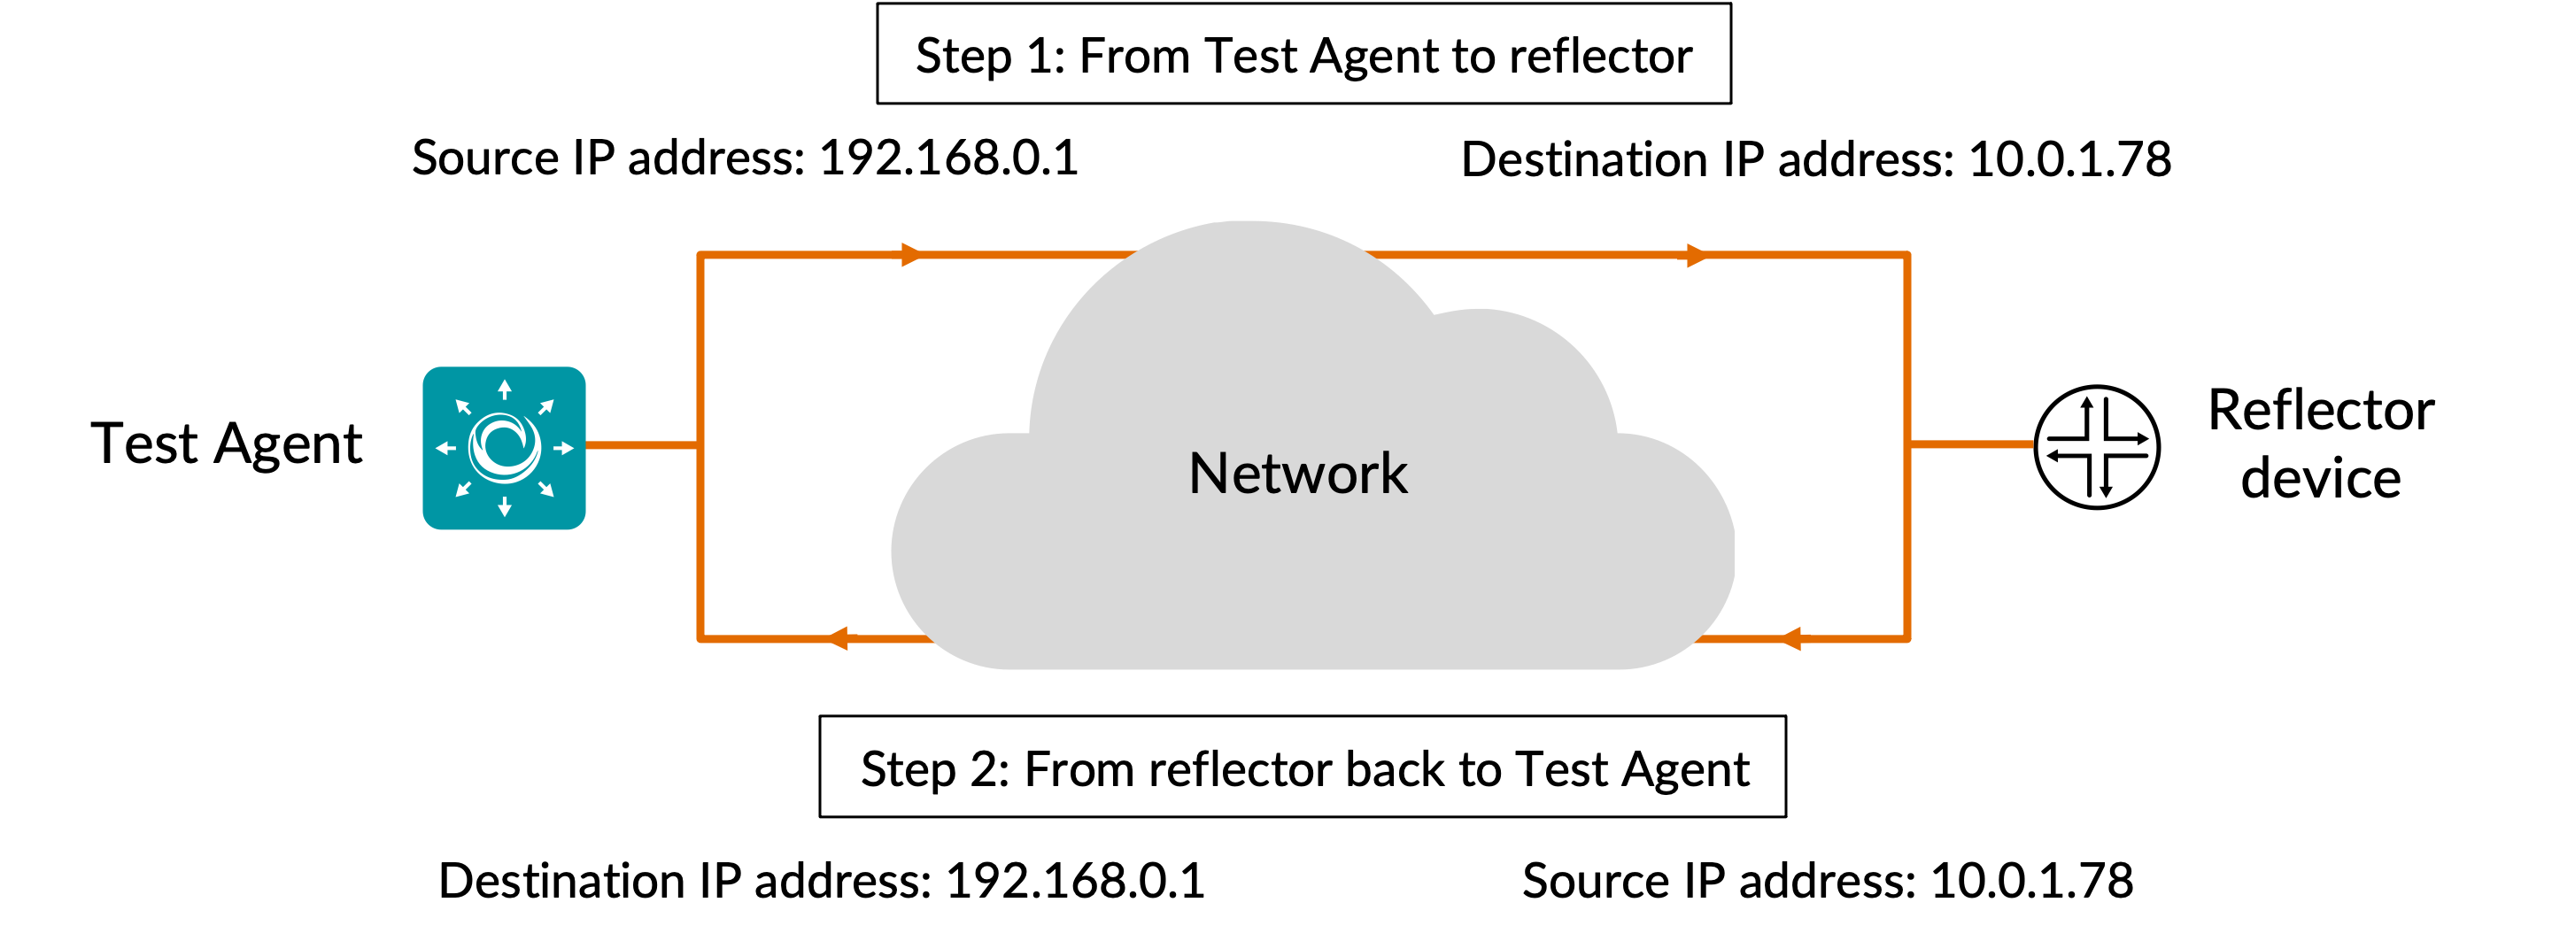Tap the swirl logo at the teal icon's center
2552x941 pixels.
(x=504, y=448)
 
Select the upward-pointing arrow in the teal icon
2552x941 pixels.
(x=504, y=389)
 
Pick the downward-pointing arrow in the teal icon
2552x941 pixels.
(x=504, y=507)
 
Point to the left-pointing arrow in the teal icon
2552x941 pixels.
(x=445, y=448)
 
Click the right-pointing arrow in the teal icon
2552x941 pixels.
(x=564, y=448)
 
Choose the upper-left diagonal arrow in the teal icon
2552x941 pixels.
(x=462, y=406)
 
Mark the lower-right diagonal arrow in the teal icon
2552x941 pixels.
(x=545, y=490)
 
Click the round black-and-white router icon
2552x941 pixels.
(x=2096, y=446)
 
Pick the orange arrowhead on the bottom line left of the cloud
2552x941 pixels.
(x=838, y=639)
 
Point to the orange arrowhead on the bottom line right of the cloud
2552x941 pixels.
(x=1791, y=639)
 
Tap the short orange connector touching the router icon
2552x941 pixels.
(x=1969, y=444)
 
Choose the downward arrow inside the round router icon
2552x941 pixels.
(x=2107, y=483)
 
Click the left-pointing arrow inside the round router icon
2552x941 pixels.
(x=2059, y=455)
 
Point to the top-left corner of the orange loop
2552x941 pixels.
(x=700, y=256)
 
